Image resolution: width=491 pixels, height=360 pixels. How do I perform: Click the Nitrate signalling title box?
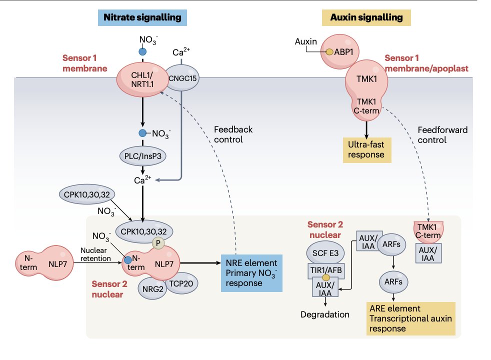[142, 17]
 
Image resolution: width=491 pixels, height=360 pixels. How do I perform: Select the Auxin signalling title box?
[366, 17]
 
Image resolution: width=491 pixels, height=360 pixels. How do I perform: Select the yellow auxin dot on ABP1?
[329, 52]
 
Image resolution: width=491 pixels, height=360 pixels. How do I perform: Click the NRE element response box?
[251, 272]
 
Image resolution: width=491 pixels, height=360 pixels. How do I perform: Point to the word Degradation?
[325, 314]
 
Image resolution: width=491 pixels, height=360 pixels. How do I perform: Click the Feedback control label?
[233, 134]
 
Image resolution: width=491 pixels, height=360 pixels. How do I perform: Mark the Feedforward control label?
[442, 135]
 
